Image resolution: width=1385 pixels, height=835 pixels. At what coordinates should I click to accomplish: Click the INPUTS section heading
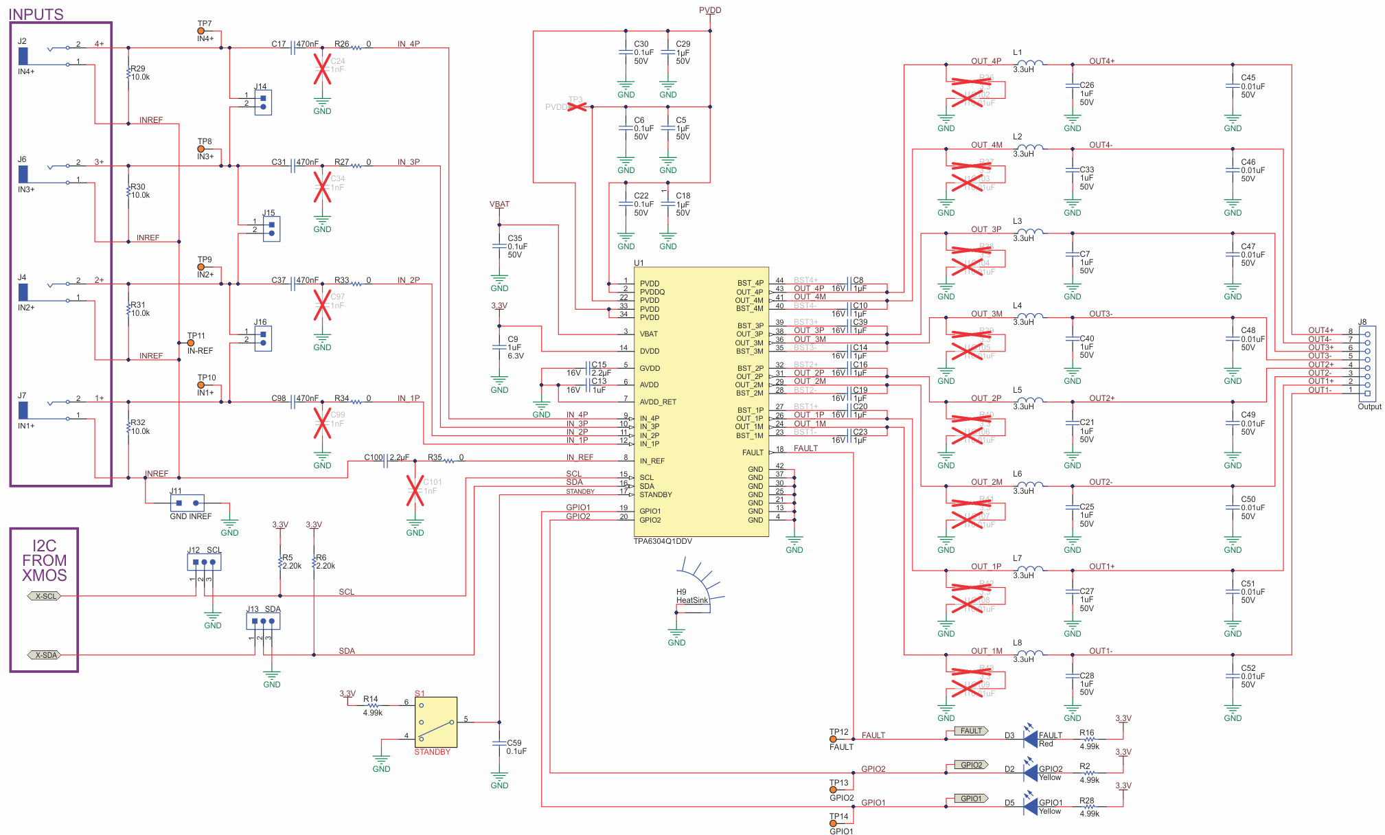pyautogui.click(x=36, y=14)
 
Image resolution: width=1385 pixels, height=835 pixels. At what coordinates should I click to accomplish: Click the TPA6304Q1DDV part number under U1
pyautogui.click(x=663, y=541)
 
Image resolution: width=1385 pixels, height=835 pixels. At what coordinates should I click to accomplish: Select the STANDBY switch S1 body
pyautogui.click(x=436, y=722)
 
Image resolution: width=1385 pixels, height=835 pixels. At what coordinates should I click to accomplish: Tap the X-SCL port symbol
pyautogui.click(x=45, y=596)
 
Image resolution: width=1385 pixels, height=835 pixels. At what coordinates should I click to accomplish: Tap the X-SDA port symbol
pyautogui.click(x=45, y=655)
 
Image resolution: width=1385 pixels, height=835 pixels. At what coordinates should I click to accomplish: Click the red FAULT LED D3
pyautogui.click(x=1029, y=738)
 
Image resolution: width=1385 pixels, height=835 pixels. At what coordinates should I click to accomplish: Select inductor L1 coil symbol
pyautogui.click(x=1029, y=63)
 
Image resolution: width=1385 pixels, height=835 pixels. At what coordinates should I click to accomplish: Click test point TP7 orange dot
pyautogui.click(x=201, y=31)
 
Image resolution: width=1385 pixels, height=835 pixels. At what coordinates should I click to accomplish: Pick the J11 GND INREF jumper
pyautogui.click(x=187, y=503)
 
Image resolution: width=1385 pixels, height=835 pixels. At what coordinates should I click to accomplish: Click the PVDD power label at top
pyautogui.click(x=710, y=10)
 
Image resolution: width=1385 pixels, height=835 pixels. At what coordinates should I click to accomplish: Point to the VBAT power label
pyautogui.click(x=499, y=204)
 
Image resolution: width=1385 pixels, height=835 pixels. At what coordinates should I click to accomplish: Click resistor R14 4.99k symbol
pyautogui.click(x=372, y=705)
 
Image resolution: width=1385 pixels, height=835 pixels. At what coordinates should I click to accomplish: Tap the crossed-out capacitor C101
pyautogui.click(x=415, y=490)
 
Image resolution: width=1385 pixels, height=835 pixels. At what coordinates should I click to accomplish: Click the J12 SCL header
pyautogui.click(x=204, y=562)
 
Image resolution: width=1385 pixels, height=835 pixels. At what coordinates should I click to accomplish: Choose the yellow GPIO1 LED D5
pyautogui.click(x=1029, y=805)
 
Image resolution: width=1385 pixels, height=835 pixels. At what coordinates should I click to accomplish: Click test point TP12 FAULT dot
pyautogui.click(x=834, y=740)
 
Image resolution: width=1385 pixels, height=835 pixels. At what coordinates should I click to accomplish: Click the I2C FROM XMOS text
pyautogui.click(x=45, y=560)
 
